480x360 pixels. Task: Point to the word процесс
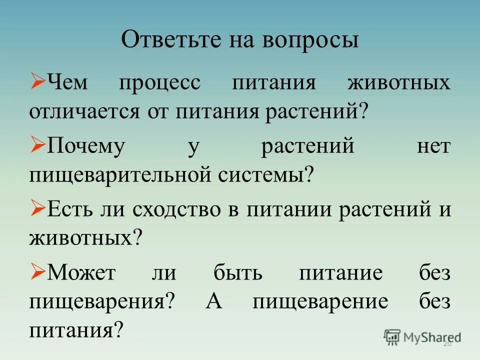click(x=159, y=82)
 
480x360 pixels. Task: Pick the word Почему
click(x=85, y=147)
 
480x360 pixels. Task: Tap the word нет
click(x=433, y=147)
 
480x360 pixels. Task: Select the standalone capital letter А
click(x=212, y=302)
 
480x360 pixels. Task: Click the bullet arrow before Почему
click(x=37, y=145)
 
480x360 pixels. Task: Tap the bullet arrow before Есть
click(x=37, y=208)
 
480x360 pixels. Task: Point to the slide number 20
click(x=447, y=344)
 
